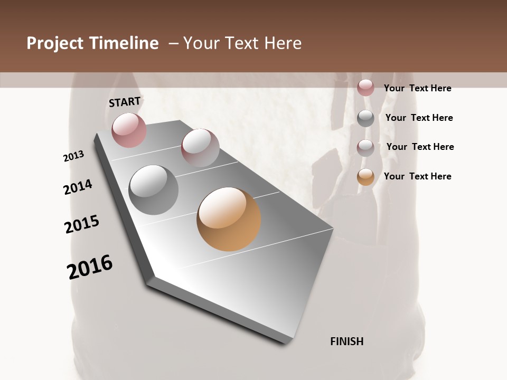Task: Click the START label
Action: click(125, 102)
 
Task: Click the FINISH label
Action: click(346, 341)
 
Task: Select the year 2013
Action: click(73, 156)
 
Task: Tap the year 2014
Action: click(78, 187)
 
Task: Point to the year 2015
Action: click(82, 224)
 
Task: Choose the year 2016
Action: click(90, 267)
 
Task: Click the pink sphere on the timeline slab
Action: click(129, 130)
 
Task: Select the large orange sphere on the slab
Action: click(229, 219)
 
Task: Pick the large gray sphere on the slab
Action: click(153, 190)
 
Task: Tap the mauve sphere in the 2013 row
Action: click(200, 148)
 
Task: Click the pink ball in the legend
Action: click(365, 88)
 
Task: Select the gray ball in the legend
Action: click(365, 118)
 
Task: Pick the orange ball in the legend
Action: click(365, 177)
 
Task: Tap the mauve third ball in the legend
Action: click(365, 147)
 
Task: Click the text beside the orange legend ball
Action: click(417, 176)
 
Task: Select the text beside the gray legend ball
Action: click(419, 118)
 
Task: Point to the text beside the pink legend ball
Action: click(417, 88)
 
